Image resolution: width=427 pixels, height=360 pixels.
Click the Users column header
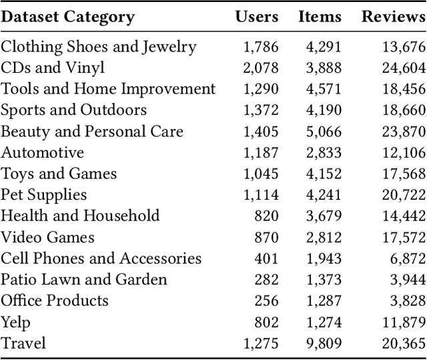point(256,17)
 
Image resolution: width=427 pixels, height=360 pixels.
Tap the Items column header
point(320,17)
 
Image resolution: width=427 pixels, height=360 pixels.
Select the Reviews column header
point(393,17)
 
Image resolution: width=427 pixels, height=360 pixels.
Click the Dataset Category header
point(67,17)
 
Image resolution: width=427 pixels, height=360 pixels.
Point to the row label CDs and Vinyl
point(53,67)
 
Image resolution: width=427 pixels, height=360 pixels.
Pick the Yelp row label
point(15,323)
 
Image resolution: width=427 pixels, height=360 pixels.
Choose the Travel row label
point(23,343)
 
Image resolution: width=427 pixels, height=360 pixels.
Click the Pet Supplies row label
point(44,195)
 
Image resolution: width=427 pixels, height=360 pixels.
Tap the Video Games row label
point(47,237)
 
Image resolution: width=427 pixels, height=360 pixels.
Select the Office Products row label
point(54,301)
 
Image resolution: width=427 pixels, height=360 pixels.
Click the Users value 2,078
point(262,67)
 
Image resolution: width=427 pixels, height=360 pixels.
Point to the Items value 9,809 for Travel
point(323,343)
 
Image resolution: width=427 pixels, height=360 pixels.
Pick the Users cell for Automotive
point(262,153)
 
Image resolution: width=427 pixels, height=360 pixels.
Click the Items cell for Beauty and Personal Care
point(323,132)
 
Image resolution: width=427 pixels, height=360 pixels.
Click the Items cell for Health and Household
point(323,216)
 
